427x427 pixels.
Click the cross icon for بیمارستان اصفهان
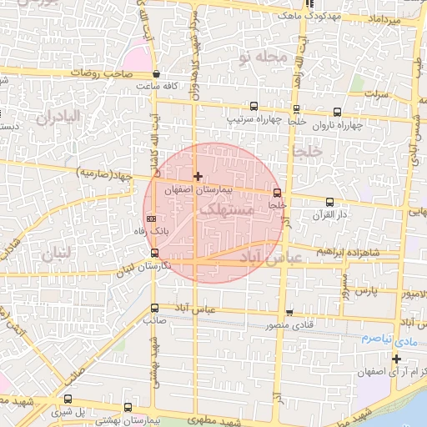(198, 176)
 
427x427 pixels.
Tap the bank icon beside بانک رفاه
(150, 219)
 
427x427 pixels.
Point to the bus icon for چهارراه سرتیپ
(254, 107)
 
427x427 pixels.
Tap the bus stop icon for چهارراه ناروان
(337, 112)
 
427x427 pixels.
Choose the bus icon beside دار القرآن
(329, 202)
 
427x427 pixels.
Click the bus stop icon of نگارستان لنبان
(154, 253)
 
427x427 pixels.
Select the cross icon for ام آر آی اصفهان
(396, 359)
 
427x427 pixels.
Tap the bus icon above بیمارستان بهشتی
(128, 408)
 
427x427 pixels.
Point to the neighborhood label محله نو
(262, 57)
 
